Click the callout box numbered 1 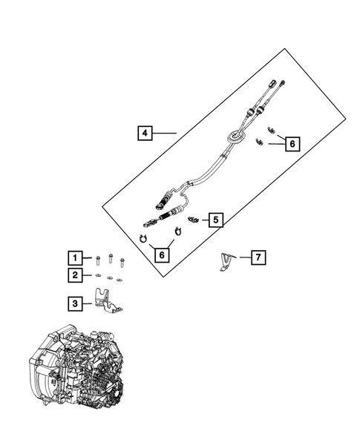tap(74, 258)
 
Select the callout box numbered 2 tap(74, 276)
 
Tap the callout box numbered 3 tap(74, 303)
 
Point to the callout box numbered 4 tap(145, 134)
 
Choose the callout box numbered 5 tap(215, 220)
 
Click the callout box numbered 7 tap(258, 257)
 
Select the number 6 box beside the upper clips tap(292, 143)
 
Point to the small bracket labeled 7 tap(225, 261)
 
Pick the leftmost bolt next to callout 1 tap(97, 258)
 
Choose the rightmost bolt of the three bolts tap(122, 262)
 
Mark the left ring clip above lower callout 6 tap(142, 237)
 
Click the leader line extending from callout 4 tap(165, 134)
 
